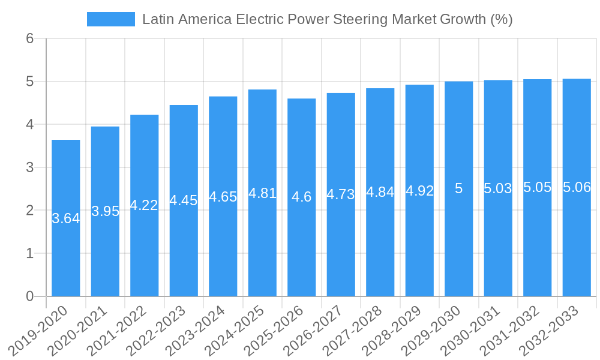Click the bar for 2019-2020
coord(66,218)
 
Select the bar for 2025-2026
coord(302,197)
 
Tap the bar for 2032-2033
coord(577,188)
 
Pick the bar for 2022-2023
coord(184,200)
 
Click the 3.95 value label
coord(105,211)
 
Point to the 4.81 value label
coord(262,193)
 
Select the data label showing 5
coord(458,188)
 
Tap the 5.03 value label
coord(498,188)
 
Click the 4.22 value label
coord(144,205)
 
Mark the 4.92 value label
coord(419,191)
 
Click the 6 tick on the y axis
coord(29,38)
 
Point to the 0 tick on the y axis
coord(29,296)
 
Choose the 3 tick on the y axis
coord(29,167)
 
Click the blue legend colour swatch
coord(111,19)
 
